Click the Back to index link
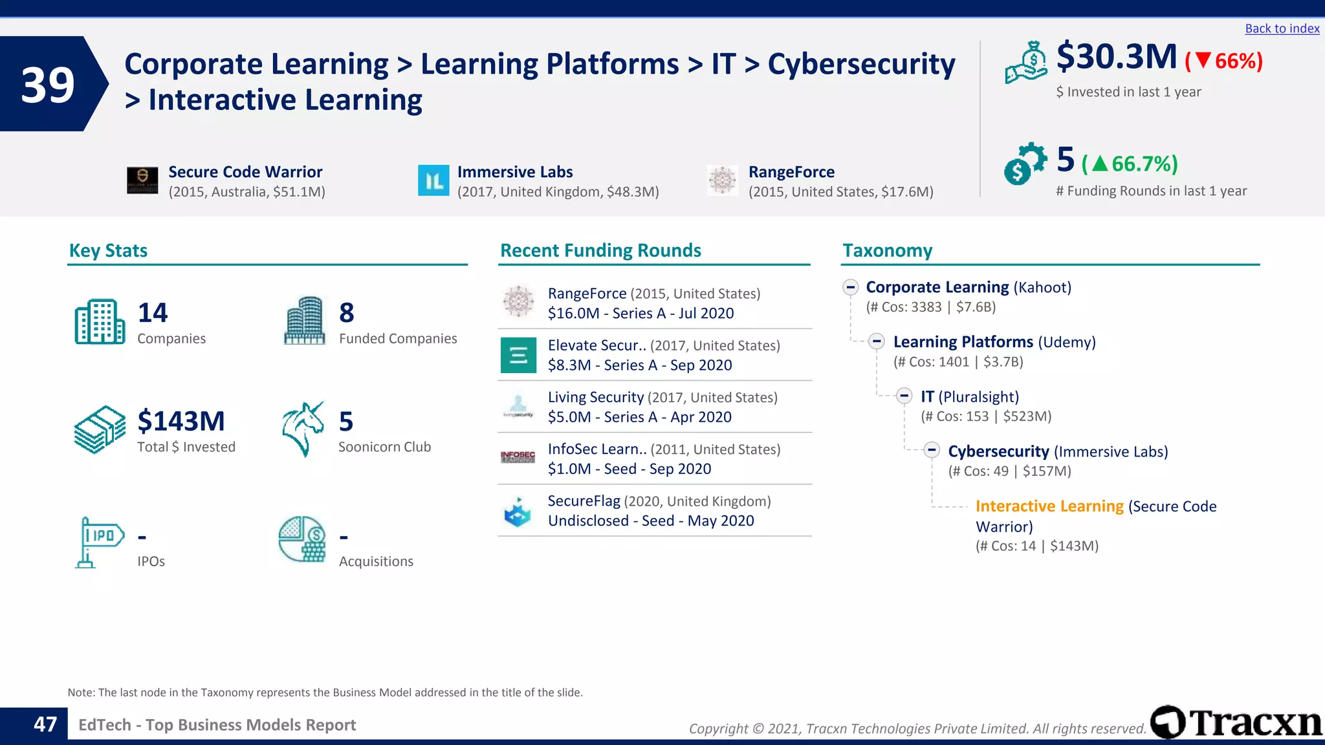(x=1282, y=28)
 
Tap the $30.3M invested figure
(x=1116, y=57)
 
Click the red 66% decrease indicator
(x=1223, y=61)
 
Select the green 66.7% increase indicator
(x=1130, y=164)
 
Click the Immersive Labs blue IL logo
(x=433, y=180)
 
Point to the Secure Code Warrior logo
(x=142, y=180)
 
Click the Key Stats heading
(x=108, y=250)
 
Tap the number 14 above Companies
(x=153, y=313)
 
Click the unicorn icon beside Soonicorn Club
(x=303, y=429)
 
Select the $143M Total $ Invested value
(x=181, y=421)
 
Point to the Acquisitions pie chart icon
(x=302, y=539)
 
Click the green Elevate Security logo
(x=518, y=355)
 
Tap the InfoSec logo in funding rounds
(x=518, y=457)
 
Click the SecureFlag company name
(x=584, y=501)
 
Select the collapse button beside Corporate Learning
(x=850, y=287)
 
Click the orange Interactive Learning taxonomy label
(x=1049, y=506)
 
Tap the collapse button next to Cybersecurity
(x=932, y=450)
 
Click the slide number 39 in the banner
(x=47, y=85)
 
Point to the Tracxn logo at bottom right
(x=1236, y=722)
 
